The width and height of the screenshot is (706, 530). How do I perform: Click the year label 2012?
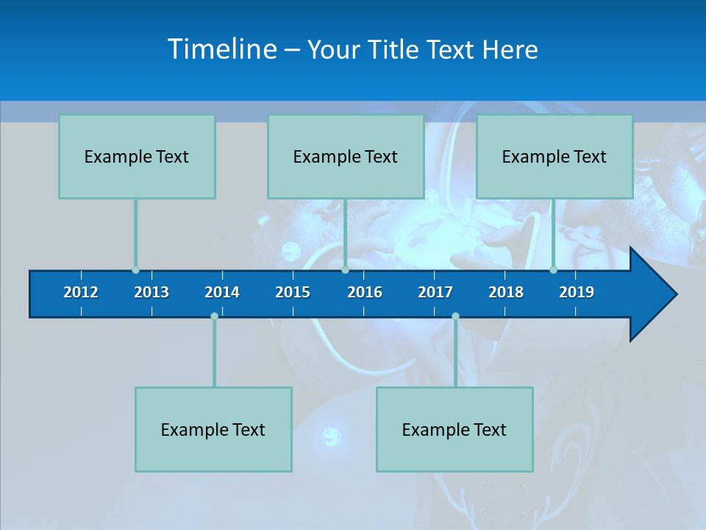[81, 292]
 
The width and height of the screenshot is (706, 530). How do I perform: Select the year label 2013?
[151, 292]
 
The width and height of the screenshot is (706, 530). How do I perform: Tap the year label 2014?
[222, 292]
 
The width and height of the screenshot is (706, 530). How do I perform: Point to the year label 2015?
[293, 292]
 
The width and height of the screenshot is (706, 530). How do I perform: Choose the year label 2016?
[365, 292]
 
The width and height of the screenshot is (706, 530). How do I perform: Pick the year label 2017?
[435, 292]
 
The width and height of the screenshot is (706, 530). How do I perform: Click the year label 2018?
[506, 292]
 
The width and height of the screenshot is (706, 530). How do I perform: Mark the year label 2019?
[577, 292]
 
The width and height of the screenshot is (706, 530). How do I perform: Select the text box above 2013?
[137, 156]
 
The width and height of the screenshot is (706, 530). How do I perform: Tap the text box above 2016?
[346, 156]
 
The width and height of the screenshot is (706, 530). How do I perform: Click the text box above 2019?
[555, 156]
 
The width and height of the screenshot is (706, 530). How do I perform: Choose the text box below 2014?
[213, 429]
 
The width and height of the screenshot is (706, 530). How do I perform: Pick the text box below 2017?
[454, 429]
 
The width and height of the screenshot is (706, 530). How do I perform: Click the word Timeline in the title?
[222, 49]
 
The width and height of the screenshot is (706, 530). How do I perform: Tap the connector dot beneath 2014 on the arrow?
[214, 317]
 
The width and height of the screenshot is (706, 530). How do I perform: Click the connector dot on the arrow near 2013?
[135, 270]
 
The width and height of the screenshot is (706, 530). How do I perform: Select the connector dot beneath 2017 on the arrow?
[455, 317]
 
